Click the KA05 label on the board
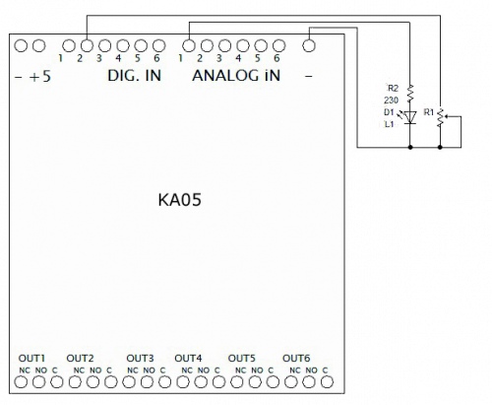pyautogui.click(x=179, y=199)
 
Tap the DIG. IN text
pyautogui.click(x=134, y=76)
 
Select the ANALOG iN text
pyautogui.click(x=236, y=76)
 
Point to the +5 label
pyautogui.click(x=40, y=77)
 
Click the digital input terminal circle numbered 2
pyautogui.click(x=87, y=46)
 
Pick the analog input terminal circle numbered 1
pyautogui.click(x=189, y=46)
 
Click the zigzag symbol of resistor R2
pyautogui.click(x=410, y=94)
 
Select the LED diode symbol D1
pyautogui.click(x=410, y=117)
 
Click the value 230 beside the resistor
pyautogui.click(x=391, y=101)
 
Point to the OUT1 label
pyautogui.click(x=31, y=358)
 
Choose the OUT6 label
pyautogui.click(x=296, y=358)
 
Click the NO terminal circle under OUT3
pyautogui.click(x=147, y=382)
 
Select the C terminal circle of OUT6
pyautogui.click(x=327, y=382)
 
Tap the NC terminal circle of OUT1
pyautogui.click(x=21, y=382)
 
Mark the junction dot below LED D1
pyautogui.click(x=410, y=147)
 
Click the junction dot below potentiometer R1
pyautogui.click(x=440, y=147)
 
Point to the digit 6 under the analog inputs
pyautogui.click(x=277, y=58)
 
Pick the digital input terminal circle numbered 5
pyautogui.click(x=141, y=46)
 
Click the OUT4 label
pyautogui.click(x=188, y=358)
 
